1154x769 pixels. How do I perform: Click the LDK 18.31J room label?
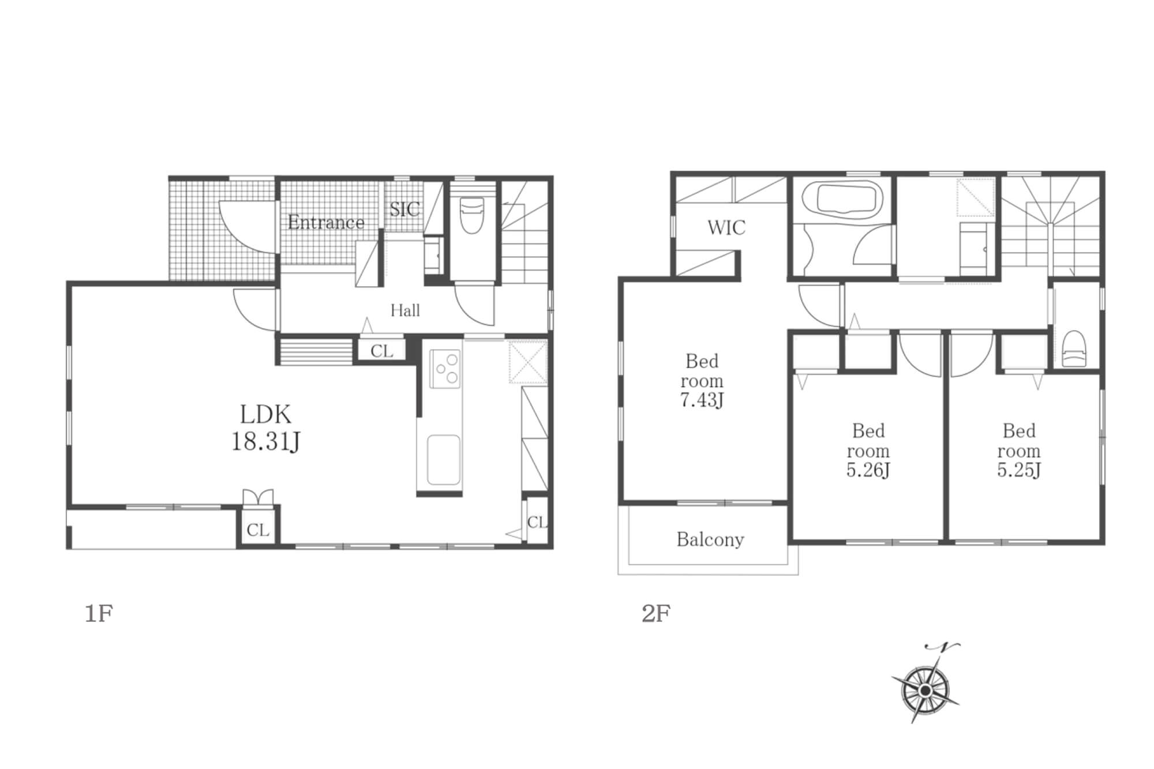click(x=265, y=427)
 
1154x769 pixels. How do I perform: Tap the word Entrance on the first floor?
click(x=326, y=222)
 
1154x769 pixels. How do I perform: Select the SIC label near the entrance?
click(x=404, y=209)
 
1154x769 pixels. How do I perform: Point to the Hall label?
click(x=405, y=310)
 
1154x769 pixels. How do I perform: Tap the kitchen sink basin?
click(x=444, y=460)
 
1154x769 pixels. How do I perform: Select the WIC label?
click(x=726, y=227)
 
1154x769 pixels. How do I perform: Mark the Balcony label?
click(x=710, y=539)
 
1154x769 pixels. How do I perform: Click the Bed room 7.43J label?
click(x=702, y=380)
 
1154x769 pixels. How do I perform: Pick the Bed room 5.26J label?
click(x=868, y=450)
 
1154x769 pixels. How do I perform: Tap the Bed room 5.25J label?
click(x=1019, y=450)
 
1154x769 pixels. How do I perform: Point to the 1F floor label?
click(x=99, y=613)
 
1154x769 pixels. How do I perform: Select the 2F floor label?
click(x=656, y=613)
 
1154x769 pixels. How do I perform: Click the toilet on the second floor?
click(x=1074, y=348)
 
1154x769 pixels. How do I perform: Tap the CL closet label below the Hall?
click(x=382, y=351)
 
